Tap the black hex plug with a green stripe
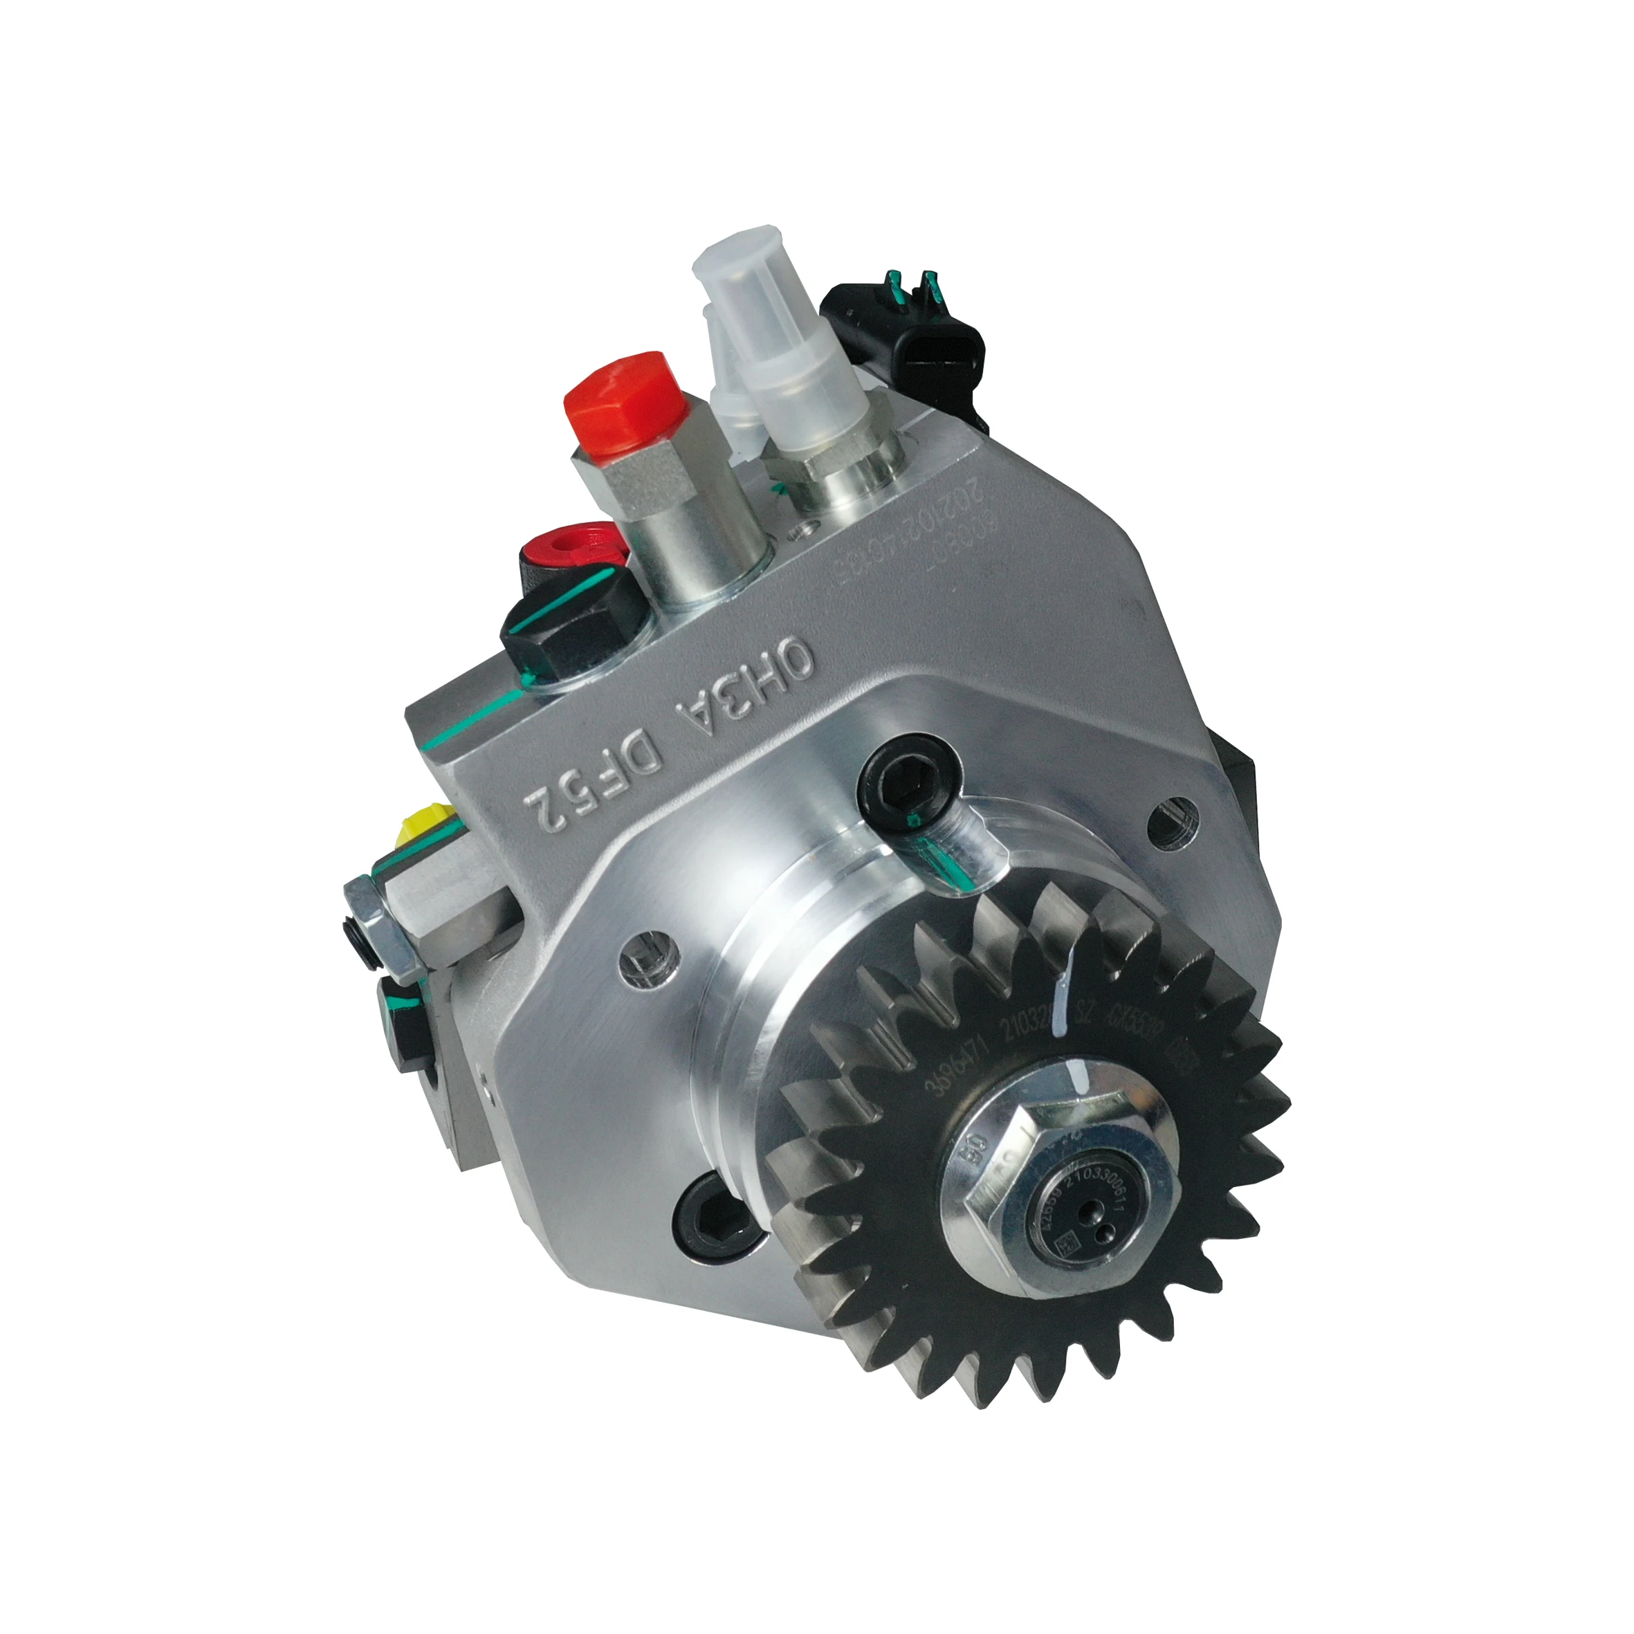[x=575, y=613]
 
